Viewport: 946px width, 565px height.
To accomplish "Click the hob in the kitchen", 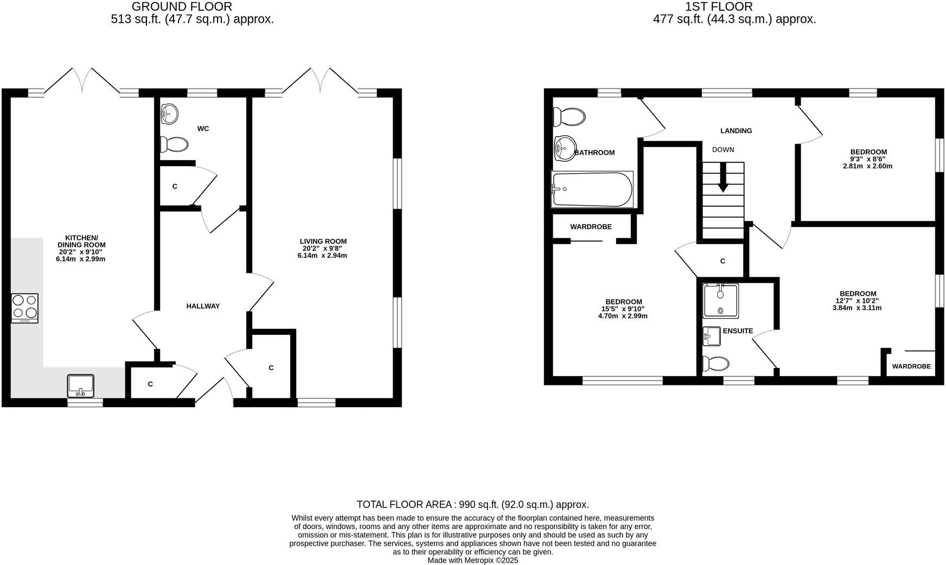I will (x=24, y=308).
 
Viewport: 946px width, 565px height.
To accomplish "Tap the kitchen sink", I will (x=81, y=386).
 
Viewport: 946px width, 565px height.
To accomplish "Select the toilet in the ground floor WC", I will (x=174, y=144).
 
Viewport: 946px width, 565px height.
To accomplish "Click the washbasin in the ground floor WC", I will (x=169, y=114).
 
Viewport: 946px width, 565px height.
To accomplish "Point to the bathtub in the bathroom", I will (x=592, y=189).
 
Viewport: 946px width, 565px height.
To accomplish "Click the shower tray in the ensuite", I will (x=720, y=301).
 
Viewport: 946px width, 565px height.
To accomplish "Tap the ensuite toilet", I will (x=715, y=363).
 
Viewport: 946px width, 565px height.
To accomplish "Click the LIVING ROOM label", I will (x=323, y=242).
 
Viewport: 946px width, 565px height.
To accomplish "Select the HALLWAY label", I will (x=203, y=306).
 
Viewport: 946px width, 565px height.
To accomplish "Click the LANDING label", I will (x=736, y=131).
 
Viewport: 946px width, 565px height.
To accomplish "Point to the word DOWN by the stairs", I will (x=723, y=150).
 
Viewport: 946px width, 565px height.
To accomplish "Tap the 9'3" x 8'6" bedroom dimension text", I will (x=868, y=159).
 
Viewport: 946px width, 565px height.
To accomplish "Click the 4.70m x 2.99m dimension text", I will (x=624, y=316).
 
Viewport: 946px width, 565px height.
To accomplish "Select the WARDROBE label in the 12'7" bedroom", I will (x=911, y=366).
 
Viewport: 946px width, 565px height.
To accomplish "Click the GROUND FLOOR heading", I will (x=182, y=7).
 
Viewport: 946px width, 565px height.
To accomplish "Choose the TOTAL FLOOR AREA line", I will (x=472, y=504).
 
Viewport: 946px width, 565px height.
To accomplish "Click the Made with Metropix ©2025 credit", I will (x=472, y=560).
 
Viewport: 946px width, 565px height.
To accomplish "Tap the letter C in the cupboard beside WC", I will (x=175, y=186).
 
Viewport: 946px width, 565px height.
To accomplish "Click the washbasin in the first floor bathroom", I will (x=565, y=146).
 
